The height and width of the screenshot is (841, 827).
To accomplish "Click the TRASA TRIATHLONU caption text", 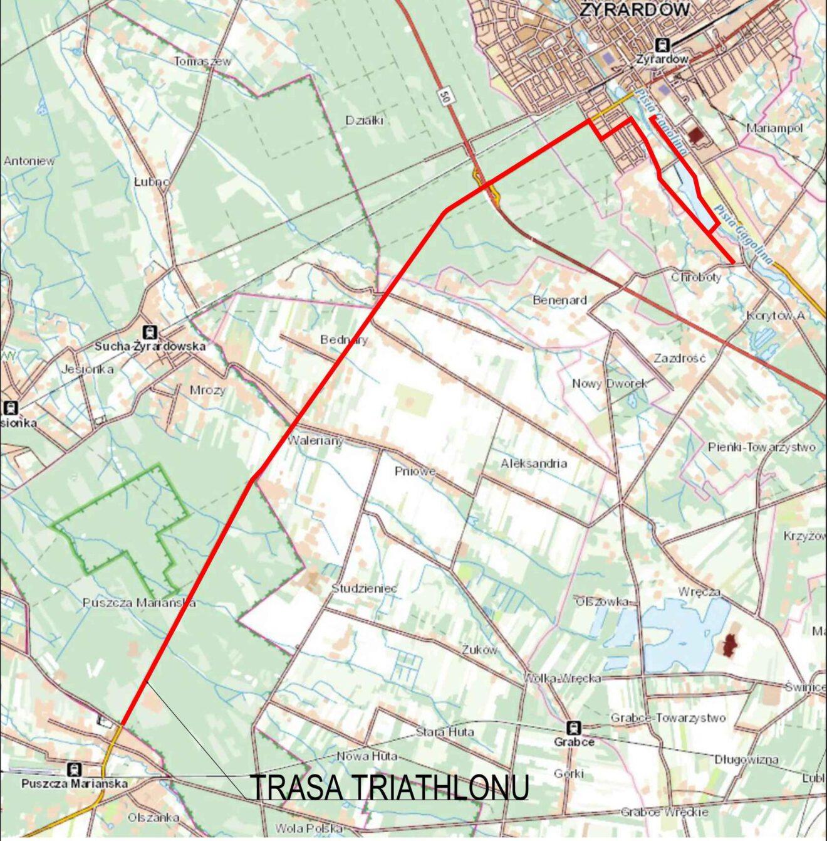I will tap(389, 788).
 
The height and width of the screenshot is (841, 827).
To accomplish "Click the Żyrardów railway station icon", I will tap(662, 45).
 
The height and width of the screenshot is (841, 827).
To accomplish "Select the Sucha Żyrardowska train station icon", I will tap(150, 332).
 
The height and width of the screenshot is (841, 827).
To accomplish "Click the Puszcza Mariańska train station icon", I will tap(75, 770).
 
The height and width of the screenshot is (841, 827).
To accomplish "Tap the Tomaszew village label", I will tap(202, 61).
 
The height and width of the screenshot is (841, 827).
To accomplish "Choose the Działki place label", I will tap(364, 120).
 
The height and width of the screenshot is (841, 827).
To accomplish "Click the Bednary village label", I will tap(344, 340).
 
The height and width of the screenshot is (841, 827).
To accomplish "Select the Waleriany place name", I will tap(315, 441).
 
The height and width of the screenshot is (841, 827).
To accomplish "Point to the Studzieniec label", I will tap(364, 588).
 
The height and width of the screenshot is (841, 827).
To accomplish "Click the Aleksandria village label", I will tap(534, 463).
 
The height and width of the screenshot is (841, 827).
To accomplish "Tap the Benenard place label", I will tap(559, 300).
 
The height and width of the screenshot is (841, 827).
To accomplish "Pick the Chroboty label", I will tap(696, 277).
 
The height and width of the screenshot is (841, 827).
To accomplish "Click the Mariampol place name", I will tap(774, 128).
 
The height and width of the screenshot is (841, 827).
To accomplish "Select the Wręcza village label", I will tap(699, 591).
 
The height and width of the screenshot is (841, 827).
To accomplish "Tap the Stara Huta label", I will tap(445, 732).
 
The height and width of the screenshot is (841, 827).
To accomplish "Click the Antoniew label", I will tap(29, 161).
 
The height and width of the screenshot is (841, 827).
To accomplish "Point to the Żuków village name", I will tap(479, 650).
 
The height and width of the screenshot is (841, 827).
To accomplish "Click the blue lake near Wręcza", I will tap(683, 633).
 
